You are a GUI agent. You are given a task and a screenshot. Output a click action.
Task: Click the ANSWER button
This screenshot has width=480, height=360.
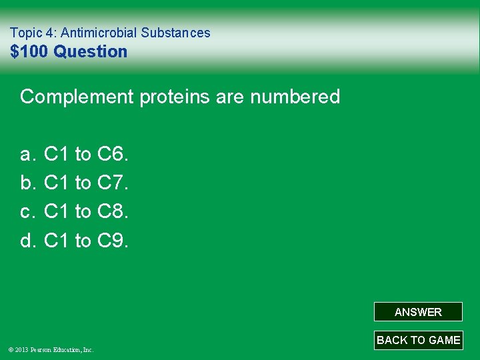pos(418,312)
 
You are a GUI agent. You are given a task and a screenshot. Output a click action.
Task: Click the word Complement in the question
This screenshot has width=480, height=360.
pos(77,97)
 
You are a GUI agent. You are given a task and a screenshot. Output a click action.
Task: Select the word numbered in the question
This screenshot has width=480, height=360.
pos(295,97)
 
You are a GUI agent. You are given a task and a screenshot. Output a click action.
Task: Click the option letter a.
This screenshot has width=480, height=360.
pos(27,155)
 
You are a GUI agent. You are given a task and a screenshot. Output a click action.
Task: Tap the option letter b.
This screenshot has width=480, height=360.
pos(27,183)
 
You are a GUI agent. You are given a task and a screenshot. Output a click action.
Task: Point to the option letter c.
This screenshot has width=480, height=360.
pos(27,212)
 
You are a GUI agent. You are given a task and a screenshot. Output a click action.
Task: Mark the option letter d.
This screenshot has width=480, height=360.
pos(27,241)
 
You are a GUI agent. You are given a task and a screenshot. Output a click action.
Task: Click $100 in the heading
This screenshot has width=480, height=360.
pos(30,51)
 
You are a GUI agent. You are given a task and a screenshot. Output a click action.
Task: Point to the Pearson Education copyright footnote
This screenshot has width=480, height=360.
pos(51,349)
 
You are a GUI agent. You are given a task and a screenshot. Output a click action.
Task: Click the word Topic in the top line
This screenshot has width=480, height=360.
pos(25,33)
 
